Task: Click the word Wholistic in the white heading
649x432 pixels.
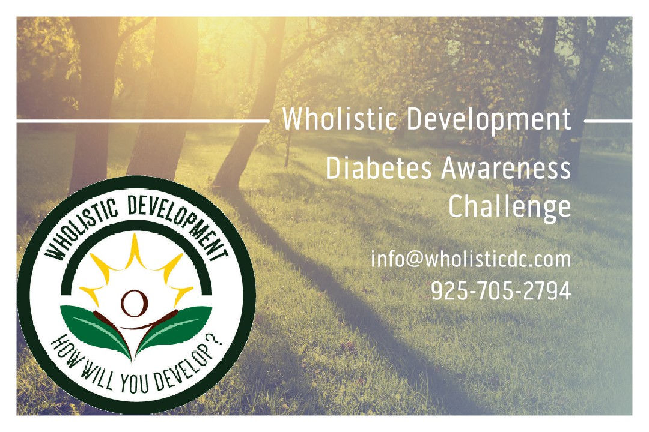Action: pos(340,119)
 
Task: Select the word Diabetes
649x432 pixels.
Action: pos(379,168)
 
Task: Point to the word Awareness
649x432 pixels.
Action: pos(506,168)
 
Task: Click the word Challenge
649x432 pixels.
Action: pos(510,207)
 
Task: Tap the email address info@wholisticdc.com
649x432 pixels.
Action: pos(471,260)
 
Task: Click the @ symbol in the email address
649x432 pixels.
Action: pos(415,260)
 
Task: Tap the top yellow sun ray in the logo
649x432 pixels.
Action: pos(134,250)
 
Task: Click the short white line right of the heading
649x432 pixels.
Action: pos(608,121)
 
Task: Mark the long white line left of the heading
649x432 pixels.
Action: pos(143,121)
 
